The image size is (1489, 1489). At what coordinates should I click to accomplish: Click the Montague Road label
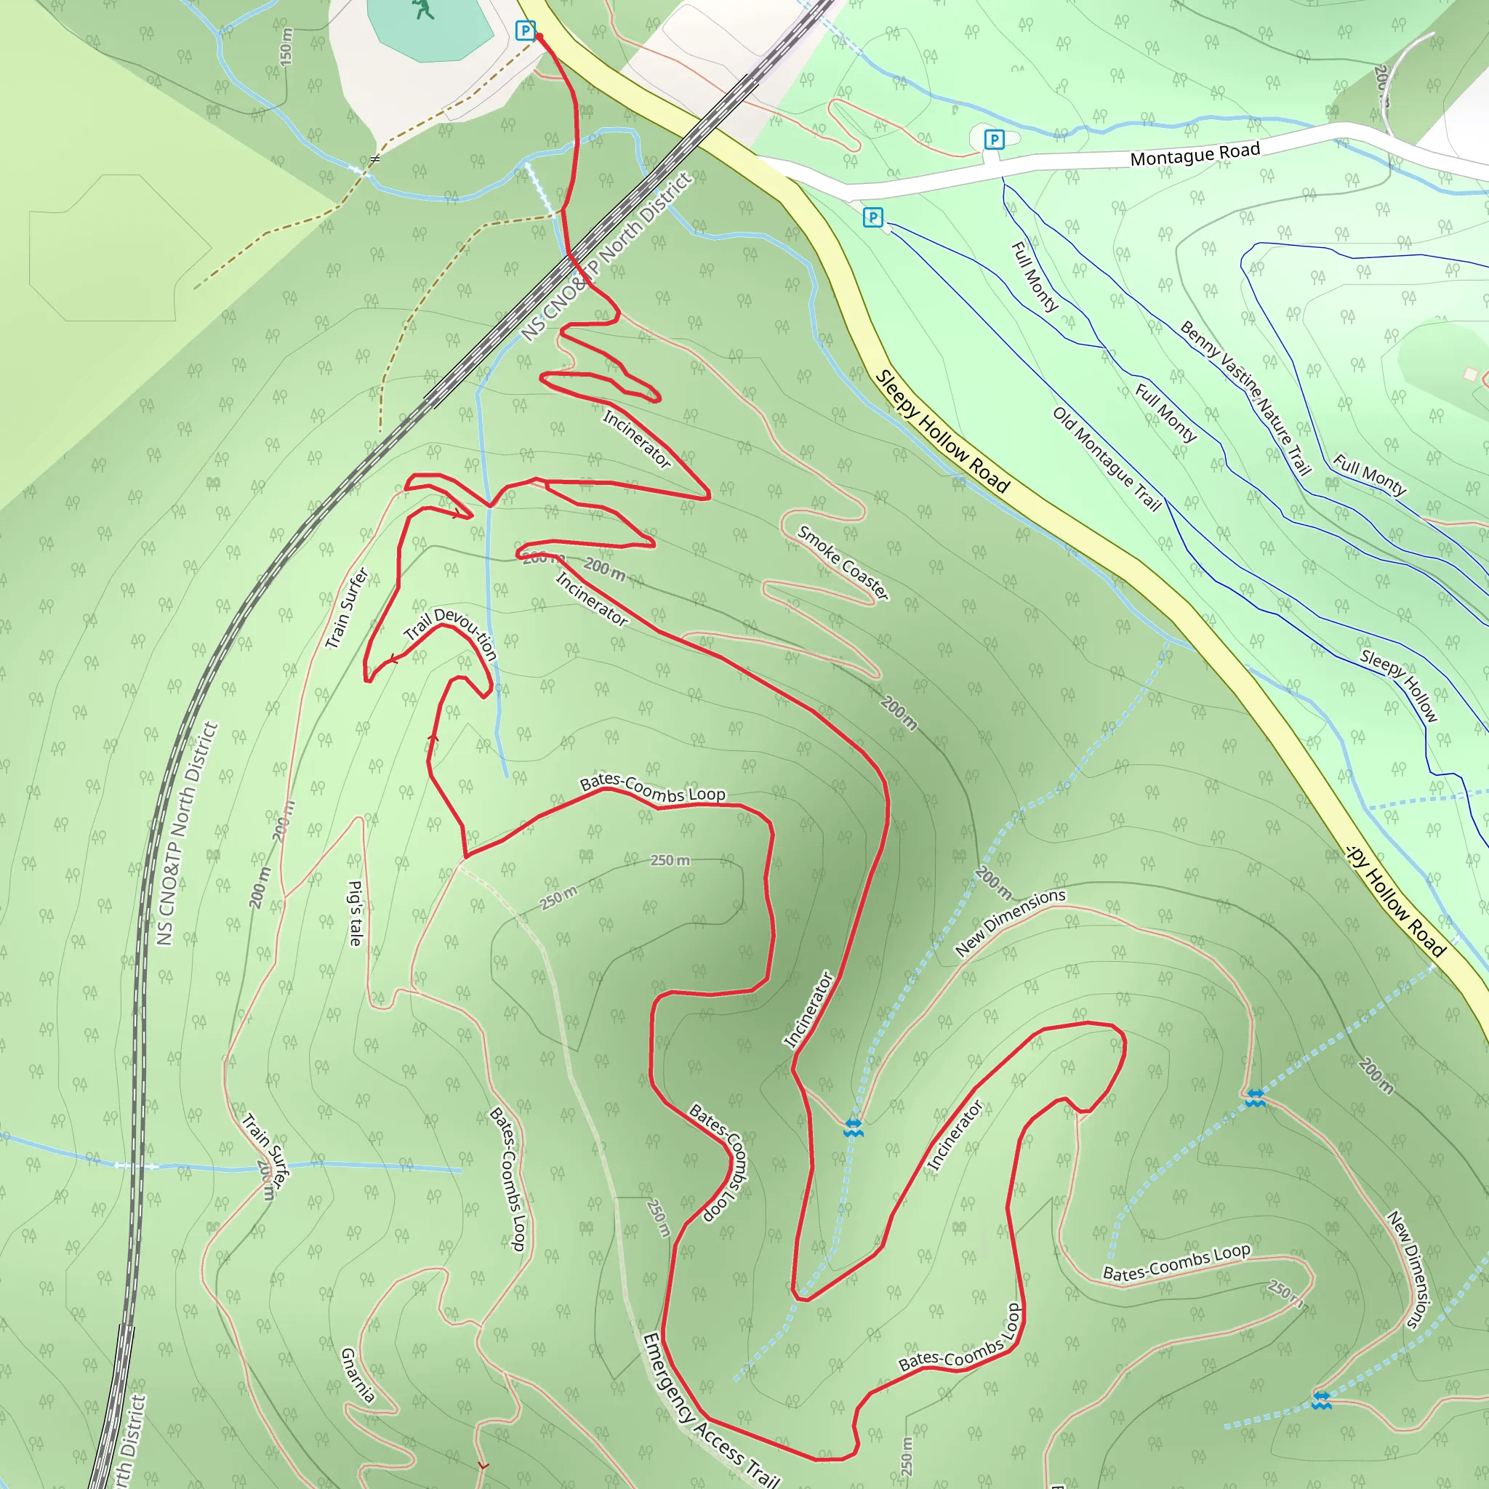pyautogui.click(x=1195, y=153)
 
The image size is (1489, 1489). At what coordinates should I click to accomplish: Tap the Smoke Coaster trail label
pyautogui.click(x=843, y=563)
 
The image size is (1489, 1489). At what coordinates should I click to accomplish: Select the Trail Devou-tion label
pyautogui.click(x=451, y=631)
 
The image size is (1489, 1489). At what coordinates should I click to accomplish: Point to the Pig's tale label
pyautogui.click(x=356, y=912)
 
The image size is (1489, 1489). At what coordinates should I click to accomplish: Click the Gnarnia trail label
pyautogui.click(x=358, y=1375)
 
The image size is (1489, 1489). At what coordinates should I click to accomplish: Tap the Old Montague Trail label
pyautogui.click(x=1107, y=459)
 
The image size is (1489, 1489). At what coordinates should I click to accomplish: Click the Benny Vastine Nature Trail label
pyautogui.click(x=1245, y=398)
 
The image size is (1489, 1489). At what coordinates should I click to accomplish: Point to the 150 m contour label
pyautogui.click(x=286, y=47)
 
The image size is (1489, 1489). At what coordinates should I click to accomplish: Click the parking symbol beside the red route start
pyautogui.click(x=525, y=31)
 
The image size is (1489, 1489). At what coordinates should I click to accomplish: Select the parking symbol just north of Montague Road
pyautogui.click(x=994, y=140)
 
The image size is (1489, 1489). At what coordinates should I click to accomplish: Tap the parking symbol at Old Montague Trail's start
pyautogui.click(x=872, y=217)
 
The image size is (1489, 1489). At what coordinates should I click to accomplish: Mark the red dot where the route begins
pyautogui.click(x=539, y=36)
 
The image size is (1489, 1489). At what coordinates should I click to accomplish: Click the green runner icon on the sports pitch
pyautogui.click(x=422, y=9)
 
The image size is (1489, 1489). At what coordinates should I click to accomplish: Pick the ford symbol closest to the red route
pyautogui.click(x=852, y=1128)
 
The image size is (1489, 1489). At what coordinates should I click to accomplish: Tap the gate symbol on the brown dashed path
pyautogui.click(x=374, y=159)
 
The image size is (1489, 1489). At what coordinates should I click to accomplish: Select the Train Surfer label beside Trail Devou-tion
pyautogui.click(x=347, y=608)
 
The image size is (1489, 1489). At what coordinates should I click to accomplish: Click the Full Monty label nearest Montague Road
pyautogui.click(x=1035, y=276)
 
